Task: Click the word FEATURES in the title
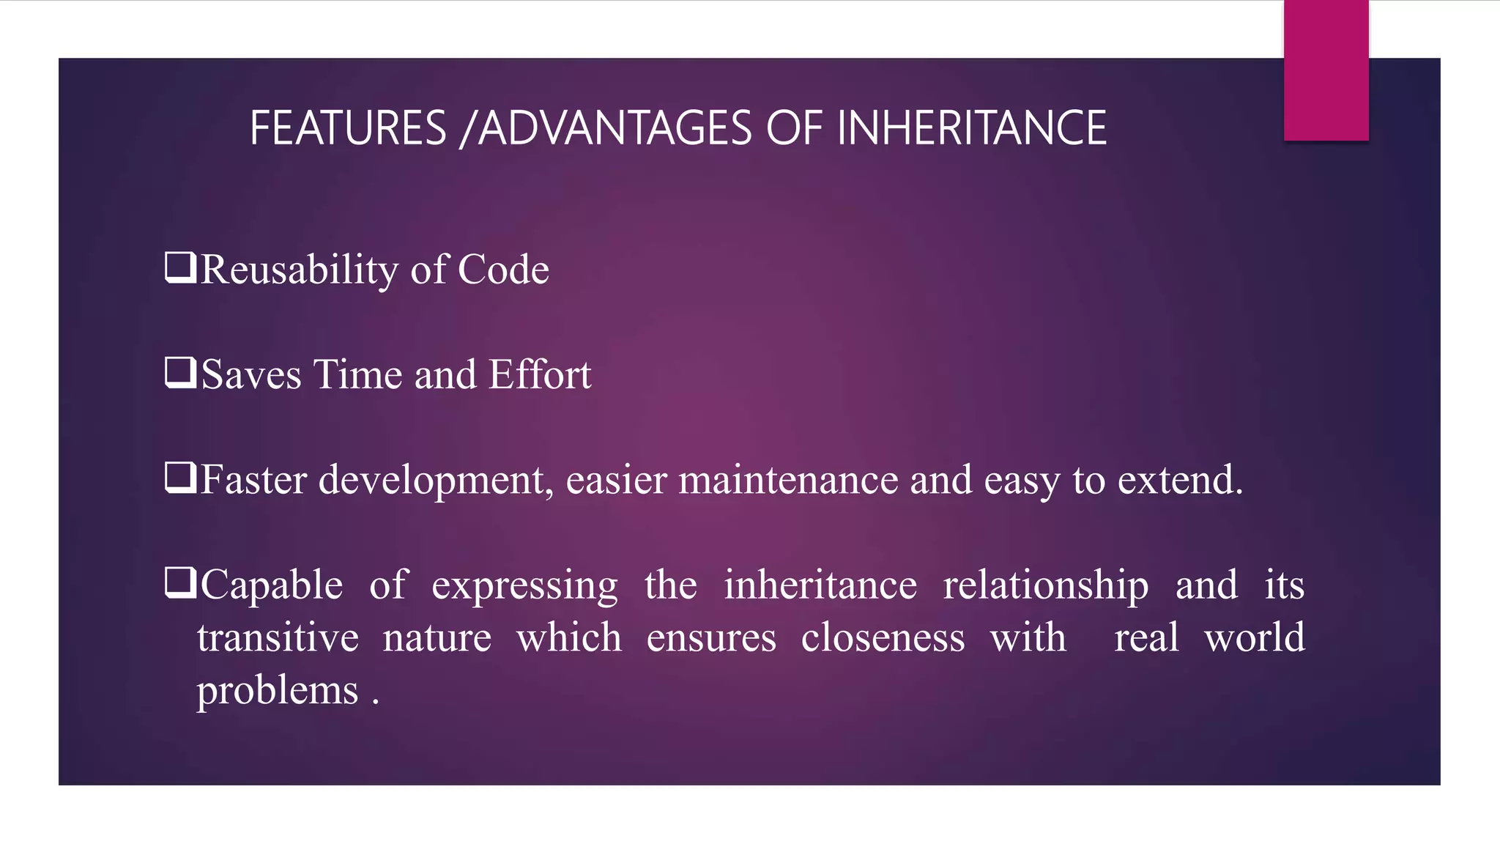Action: [348, 128]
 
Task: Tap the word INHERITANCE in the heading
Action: [971, 128]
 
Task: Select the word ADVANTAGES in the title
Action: [615, 128]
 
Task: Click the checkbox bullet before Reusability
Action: [180, 267]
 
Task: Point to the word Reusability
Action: [299, 270]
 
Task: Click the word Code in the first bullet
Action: [503, 270]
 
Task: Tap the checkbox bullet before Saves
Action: [180, 372]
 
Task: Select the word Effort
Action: [540, 374]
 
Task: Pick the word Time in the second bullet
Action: [358, 374]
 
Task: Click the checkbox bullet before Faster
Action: [180, 478]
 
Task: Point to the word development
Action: [436, 481]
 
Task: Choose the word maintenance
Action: [788, 481]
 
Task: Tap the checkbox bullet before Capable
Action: [180, 583]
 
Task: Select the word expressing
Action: [524, 586]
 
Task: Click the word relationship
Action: [1045, 586]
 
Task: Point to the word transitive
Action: [278, 637]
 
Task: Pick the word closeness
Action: [883, 637]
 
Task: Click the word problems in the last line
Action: [278, 691]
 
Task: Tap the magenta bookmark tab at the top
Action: [1326, 70]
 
